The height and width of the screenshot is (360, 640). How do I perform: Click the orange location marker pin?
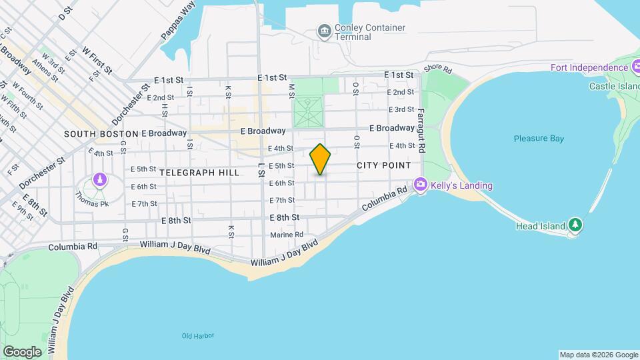(321, 159)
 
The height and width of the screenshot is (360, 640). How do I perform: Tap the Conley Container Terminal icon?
(324, 31)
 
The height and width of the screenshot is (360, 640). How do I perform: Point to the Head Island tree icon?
(575, 225)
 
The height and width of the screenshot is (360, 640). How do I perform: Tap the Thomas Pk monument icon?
(99, 180)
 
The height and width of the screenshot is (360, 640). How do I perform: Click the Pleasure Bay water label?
(539, 139)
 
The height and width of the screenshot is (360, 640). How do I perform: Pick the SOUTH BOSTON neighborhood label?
(101, 133)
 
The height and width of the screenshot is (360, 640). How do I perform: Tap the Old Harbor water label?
(198, 335)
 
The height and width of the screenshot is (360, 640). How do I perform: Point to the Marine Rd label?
(287, 235)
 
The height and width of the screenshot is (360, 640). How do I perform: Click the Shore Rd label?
(437, 69)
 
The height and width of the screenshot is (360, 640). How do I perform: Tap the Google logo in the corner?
(22, 351)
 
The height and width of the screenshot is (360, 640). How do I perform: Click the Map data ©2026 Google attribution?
(597, 355)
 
